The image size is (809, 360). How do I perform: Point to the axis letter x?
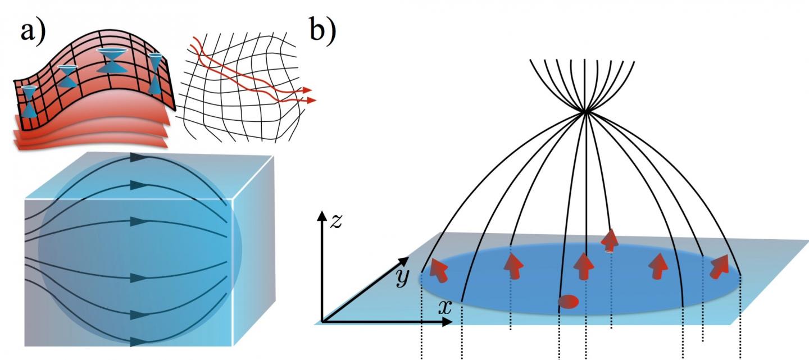[x=444, y=308]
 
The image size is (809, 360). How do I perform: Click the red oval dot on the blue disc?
[x=568, y=302]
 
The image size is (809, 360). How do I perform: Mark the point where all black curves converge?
[x=585, y=112]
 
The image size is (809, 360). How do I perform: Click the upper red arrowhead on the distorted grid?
[x=307, y=89]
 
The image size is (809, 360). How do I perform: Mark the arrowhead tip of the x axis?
[x=452, y=322]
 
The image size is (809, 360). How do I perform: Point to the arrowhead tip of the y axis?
[x=408, y=258]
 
